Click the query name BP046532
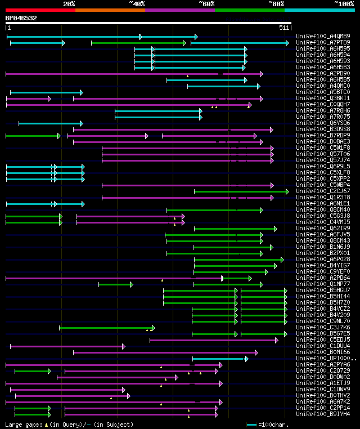point(21,18)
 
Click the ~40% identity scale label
point(137,4)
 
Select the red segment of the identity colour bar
point(40,10)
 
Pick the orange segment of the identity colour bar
point(110,10)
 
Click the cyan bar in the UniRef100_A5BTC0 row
point(46,92)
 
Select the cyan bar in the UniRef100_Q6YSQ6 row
point(50,123)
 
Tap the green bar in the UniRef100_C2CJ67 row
point(241,191)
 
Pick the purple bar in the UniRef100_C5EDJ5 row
point(214,340)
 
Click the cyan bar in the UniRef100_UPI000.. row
point(220,359)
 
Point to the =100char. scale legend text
point(272,424)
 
